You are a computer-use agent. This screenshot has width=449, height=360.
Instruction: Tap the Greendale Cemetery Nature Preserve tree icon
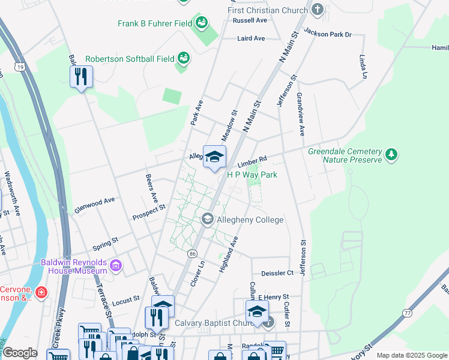tap(391, 155)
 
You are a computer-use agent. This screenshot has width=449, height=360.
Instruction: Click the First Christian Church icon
tap(318, 10)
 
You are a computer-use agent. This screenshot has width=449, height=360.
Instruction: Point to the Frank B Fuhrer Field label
tap(154, 24)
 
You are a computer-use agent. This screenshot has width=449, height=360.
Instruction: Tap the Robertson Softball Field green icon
tap(184, 58)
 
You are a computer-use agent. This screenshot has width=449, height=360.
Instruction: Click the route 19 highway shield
tap(21, 68)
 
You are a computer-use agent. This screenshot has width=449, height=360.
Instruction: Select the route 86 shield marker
tap(192, 254)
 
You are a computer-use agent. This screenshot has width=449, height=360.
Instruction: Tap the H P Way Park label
tap(252, 175)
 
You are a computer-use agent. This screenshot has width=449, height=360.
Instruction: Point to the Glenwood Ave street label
tap(94, 204)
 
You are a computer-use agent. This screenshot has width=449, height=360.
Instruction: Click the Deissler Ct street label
tap(277, 272)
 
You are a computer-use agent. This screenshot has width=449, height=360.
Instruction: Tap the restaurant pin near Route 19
tap(81, 76)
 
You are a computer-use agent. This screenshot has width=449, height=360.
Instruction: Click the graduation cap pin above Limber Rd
tap(214, 157)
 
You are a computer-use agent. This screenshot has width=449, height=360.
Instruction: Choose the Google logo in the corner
tap(19, 353)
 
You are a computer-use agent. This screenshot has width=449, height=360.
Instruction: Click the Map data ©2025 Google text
tap(411, 355)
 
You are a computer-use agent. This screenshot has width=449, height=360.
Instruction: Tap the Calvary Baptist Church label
tap(215, 323)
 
